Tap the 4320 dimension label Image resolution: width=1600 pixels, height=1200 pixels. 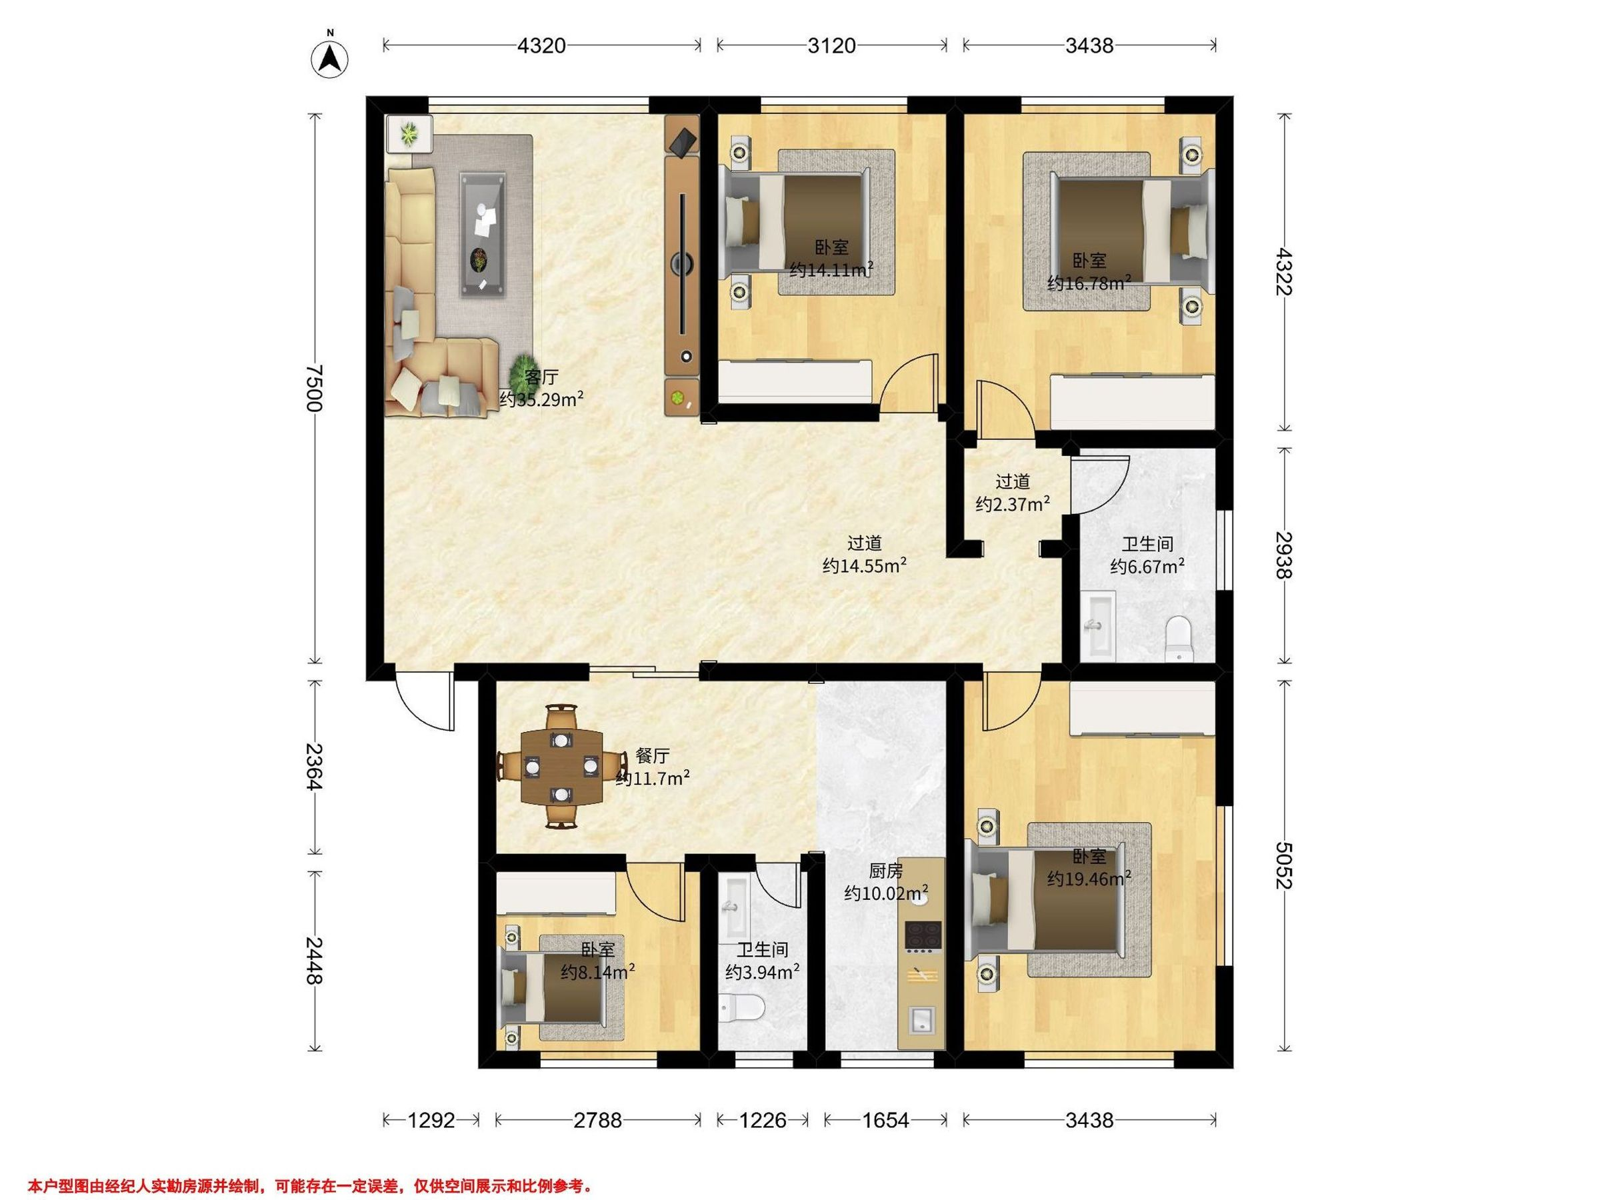[542, 45]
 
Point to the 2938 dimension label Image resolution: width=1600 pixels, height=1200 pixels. [1284, 555]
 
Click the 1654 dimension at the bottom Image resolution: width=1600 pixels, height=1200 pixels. [886, 1121]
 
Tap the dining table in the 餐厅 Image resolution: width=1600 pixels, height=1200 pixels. [562, 767]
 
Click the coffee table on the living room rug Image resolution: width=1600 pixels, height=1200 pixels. [483, 235]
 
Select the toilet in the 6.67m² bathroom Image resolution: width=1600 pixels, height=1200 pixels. [1180, 637]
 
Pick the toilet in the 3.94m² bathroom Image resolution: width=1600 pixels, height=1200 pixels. [742, 1007]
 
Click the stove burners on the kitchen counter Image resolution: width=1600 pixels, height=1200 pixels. [923, 935]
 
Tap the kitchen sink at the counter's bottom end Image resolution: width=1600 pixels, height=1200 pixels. [921, 1021]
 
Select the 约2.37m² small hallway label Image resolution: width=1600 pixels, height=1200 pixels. [1013, 504]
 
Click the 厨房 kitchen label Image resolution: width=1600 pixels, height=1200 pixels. [886, 871]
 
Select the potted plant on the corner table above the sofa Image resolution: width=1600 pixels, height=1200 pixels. [409, 133]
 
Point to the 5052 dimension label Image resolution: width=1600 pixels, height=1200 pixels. [1284, 865]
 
